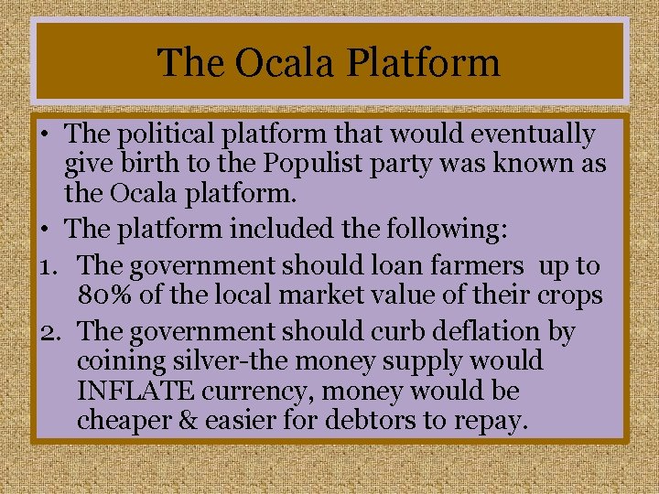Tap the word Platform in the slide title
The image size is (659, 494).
tap(427, 63)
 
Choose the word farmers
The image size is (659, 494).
tap(476, 266)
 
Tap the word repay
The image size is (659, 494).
tap(493, 422)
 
